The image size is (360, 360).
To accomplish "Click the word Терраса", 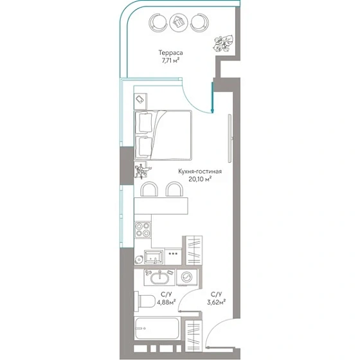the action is (x=170, y=53).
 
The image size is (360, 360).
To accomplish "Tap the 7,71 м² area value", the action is (x=170, y=61).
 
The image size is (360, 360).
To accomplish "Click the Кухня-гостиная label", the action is (x=200, y=172).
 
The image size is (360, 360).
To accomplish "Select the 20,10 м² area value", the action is (x=200, y=179).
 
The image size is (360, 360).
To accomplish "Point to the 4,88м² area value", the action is (x=166, y=302).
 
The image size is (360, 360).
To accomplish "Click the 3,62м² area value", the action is (x=216, y=302).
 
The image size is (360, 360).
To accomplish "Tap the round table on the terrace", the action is (x=179, y=22).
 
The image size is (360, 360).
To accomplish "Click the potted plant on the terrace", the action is (x=223, y=44).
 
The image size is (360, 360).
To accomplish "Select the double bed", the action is (x=163, y=135).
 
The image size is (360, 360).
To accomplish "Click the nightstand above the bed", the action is (x=141, y=102).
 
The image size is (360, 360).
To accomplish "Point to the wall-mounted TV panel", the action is (x=230, y=138).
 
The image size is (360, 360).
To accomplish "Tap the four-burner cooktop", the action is (x=143, y=230).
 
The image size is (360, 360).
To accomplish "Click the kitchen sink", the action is (x=154, y=257).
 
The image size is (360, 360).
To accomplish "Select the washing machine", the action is (x=186, y=277).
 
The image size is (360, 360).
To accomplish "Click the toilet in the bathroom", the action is (x=145, y=301).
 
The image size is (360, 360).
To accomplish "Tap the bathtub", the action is (x=157, y=328).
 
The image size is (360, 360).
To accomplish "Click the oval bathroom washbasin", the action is (x=160, y=277).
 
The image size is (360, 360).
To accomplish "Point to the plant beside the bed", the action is (x=142, y=170).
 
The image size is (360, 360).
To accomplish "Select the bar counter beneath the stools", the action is (x=161, y=206).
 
